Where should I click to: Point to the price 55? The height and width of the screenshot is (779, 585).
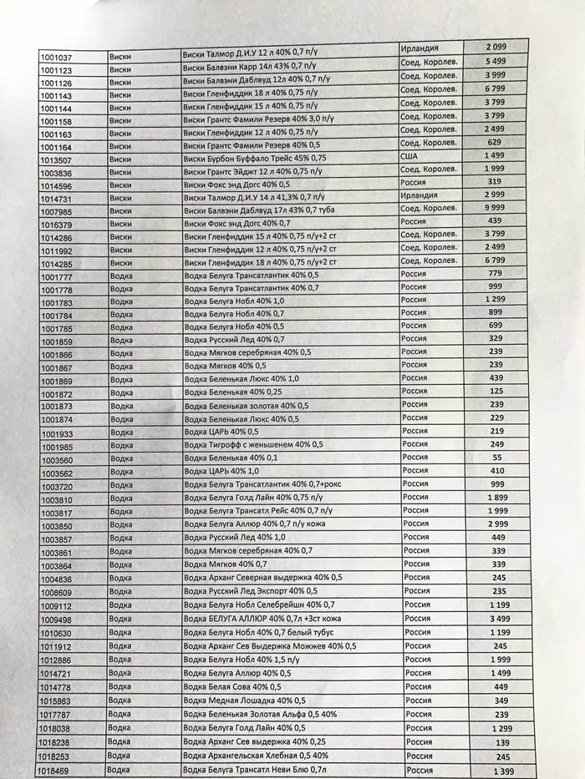click(497, 458)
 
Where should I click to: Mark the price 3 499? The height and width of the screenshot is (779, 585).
click(501, 619)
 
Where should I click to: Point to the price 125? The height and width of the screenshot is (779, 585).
click(498, 391)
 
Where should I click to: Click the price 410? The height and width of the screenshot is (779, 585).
click(498, 471)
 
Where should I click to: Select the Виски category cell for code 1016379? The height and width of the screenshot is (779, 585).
click(120, 225)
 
